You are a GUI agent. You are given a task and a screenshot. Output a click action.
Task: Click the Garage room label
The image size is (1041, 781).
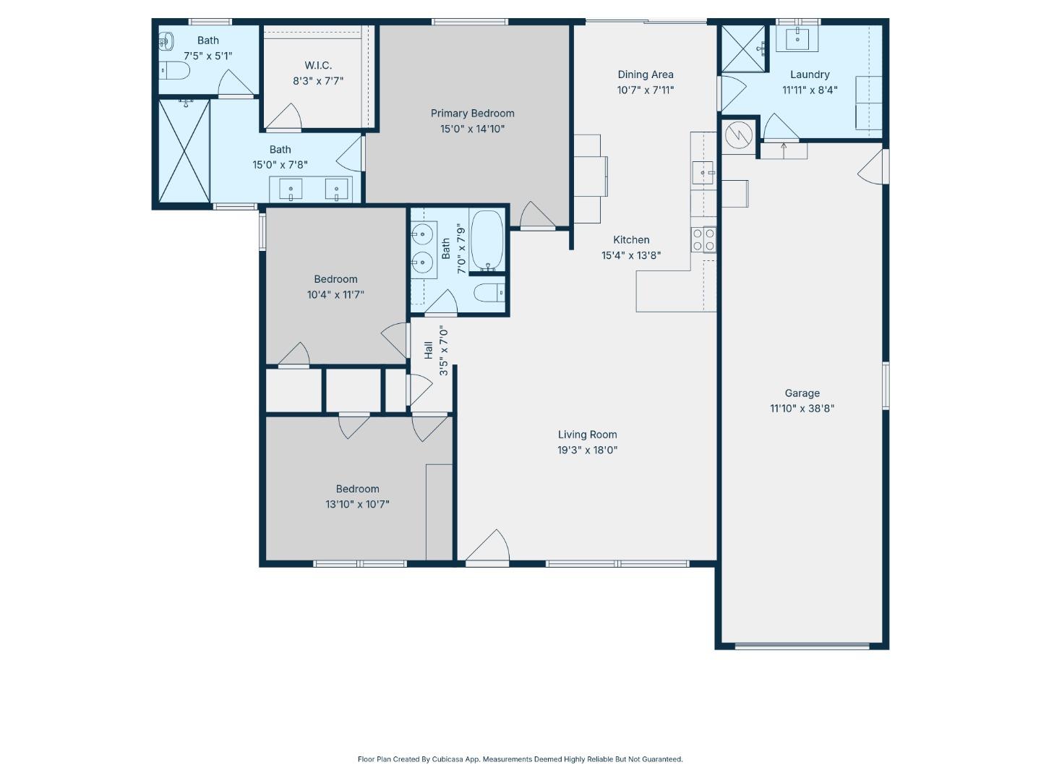coord(802,393)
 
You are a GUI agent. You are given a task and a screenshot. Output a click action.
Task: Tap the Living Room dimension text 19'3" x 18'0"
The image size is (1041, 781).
coord(587,450)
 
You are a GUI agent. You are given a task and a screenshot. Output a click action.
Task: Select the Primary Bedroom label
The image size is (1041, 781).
coord(472,114)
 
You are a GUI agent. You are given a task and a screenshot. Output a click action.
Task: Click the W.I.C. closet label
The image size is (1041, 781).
coord(318,66)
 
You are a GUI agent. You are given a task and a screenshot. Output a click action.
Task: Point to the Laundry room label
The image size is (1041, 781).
coord(809,74)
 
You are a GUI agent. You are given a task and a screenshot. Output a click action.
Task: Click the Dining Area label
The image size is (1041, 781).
coord(645,74)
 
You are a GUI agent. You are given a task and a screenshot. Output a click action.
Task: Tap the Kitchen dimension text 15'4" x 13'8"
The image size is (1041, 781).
coord(631,255)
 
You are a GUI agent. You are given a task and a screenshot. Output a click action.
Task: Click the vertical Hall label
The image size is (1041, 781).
coord(429,350)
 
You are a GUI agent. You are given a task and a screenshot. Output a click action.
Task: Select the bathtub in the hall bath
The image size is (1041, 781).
coord(487,240)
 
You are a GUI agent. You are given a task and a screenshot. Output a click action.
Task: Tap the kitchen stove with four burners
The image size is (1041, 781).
coord(703,239)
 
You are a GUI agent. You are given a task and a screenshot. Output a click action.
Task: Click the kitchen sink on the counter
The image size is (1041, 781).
coord(703,174)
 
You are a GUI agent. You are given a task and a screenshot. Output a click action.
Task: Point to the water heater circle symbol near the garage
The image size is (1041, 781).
coord(739,135)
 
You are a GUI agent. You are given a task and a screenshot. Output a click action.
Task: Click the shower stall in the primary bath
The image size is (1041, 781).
coord(184,151)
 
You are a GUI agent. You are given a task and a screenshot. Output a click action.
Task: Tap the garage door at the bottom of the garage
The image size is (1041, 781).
coord(802,645)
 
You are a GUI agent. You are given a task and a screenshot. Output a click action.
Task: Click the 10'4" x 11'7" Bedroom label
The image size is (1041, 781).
coord(335,279)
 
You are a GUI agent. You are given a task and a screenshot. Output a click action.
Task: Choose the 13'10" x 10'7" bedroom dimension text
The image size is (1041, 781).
coord(357,505)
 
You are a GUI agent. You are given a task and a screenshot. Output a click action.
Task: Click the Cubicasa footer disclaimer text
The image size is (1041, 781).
coord(520,759)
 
